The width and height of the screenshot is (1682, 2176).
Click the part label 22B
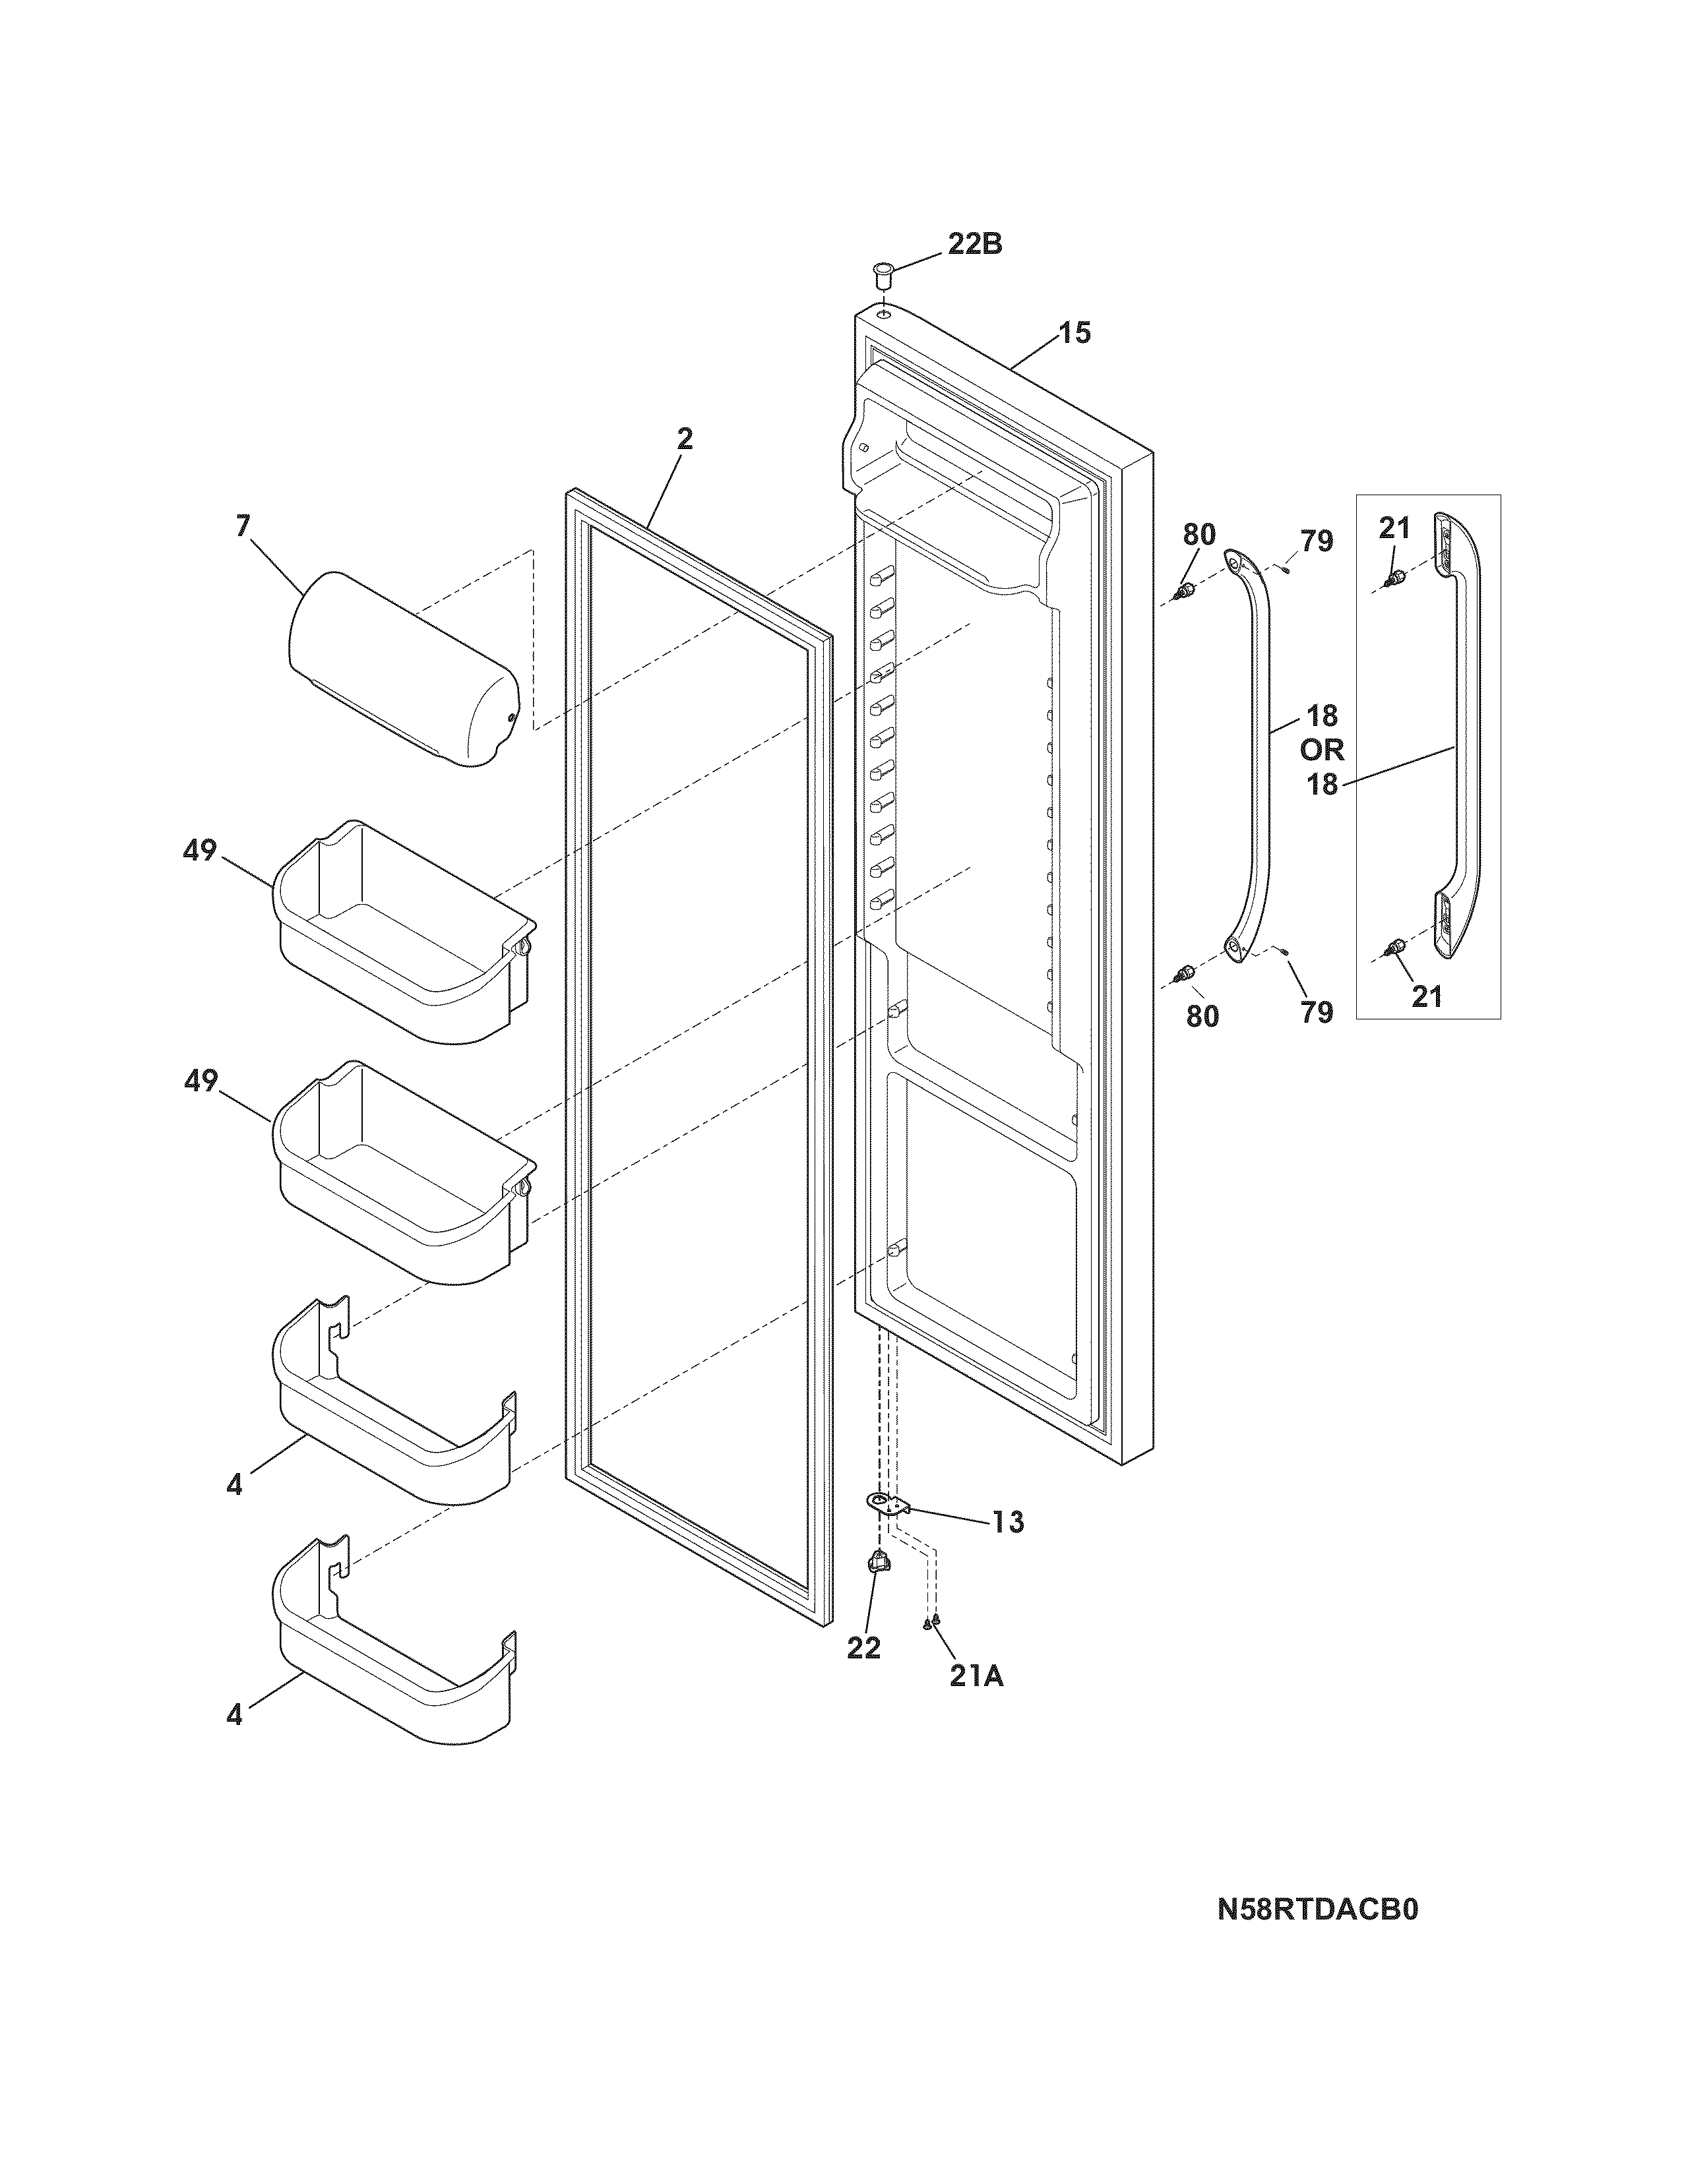point(974,244)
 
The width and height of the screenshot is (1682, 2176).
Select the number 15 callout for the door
point(1074,333)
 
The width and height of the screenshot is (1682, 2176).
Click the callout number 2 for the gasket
point(685,439)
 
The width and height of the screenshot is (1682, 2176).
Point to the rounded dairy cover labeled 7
point(404,667)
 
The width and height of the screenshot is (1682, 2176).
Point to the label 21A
point(976,1677)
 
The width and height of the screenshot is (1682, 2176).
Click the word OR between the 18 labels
point(1321,749)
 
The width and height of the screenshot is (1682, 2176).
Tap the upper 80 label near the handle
point(1200,535)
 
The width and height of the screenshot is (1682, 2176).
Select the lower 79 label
point(1317,1012)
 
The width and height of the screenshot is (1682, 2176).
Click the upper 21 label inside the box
point(1394,528)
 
